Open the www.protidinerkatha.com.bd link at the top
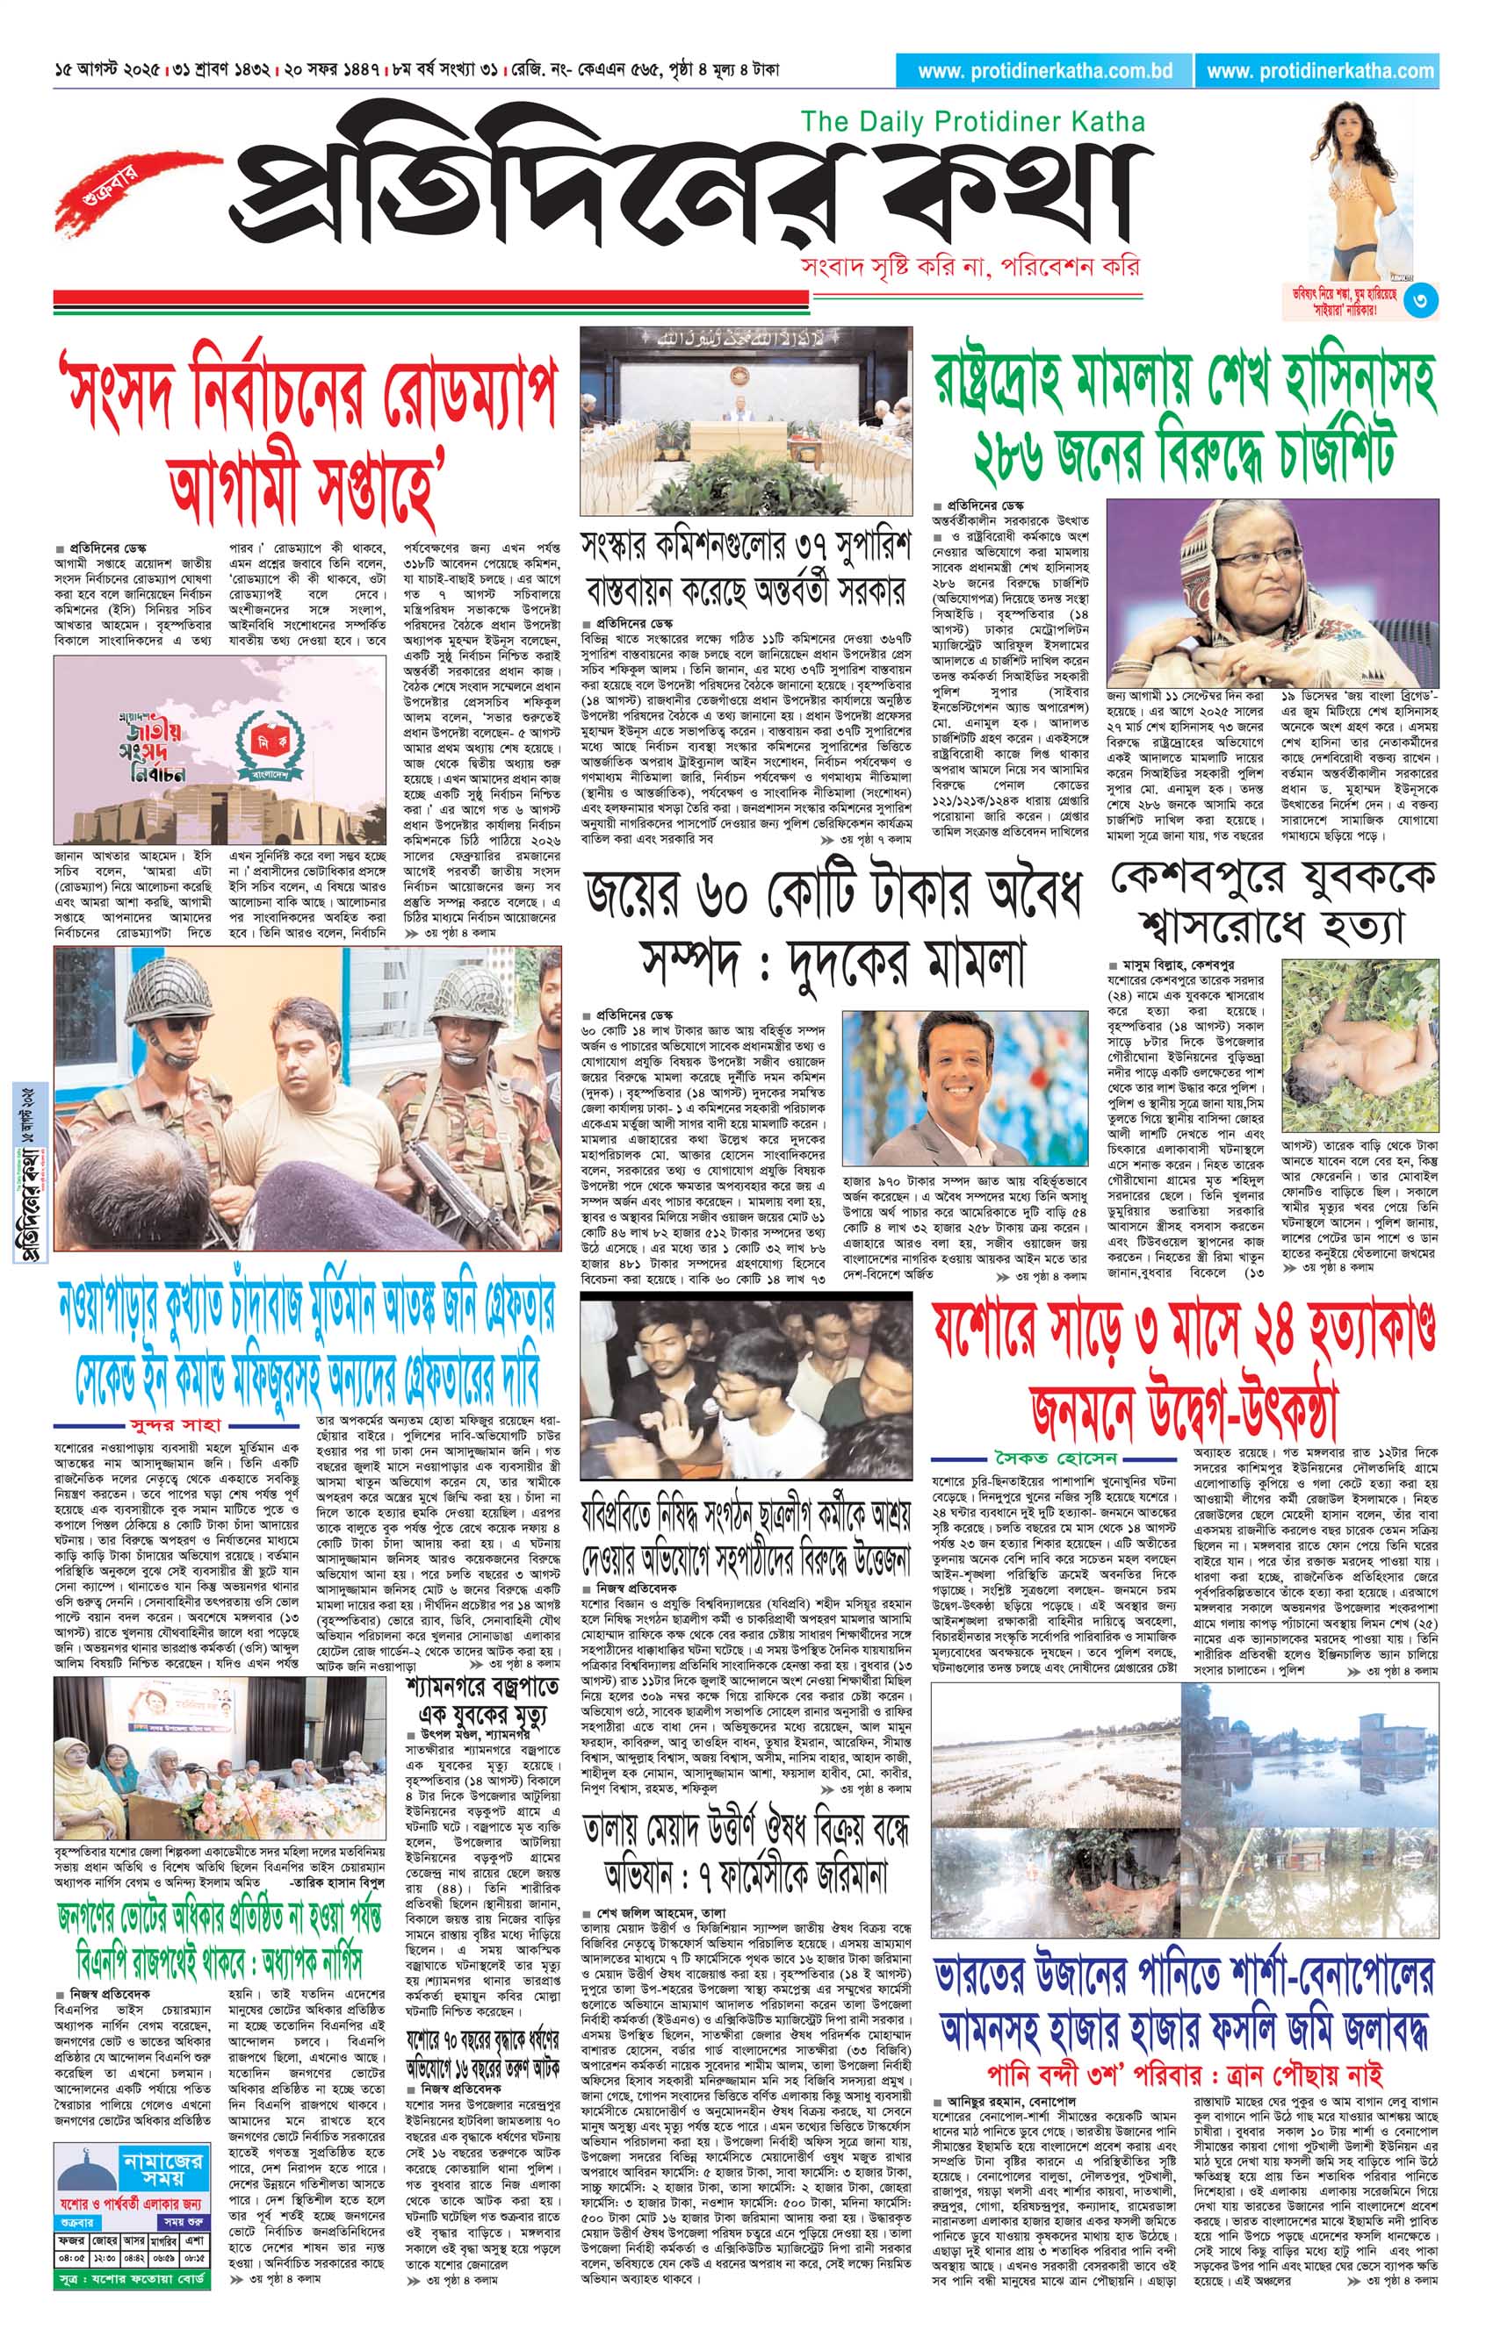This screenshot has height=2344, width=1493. tap(1044, 70)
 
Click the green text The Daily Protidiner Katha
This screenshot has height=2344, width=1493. tap(972, 122)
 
